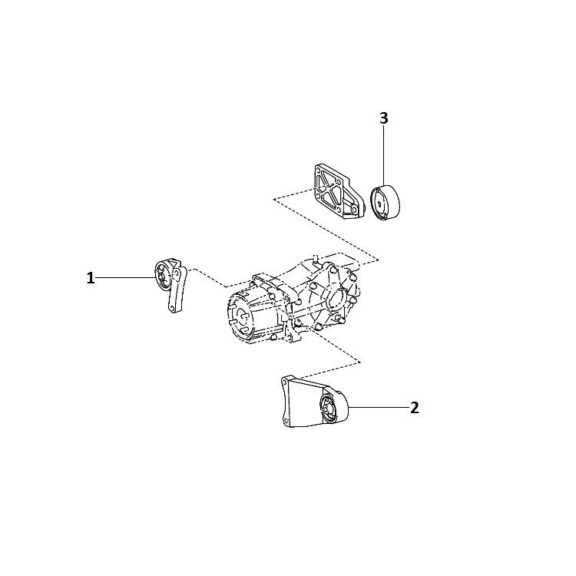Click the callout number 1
coord(91,278)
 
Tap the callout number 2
coord(415,407)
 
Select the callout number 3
coord(383,118)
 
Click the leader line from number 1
coord(126,278)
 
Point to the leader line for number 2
coord(379,407)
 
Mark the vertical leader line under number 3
coord(383,156)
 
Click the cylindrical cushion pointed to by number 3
coord(385,203)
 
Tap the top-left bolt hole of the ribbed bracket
coord(319,170)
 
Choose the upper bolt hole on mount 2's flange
coord(284,382)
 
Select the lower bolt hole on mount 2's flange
coord(286,420)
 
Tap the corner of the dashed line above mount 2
coord(359,362)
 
